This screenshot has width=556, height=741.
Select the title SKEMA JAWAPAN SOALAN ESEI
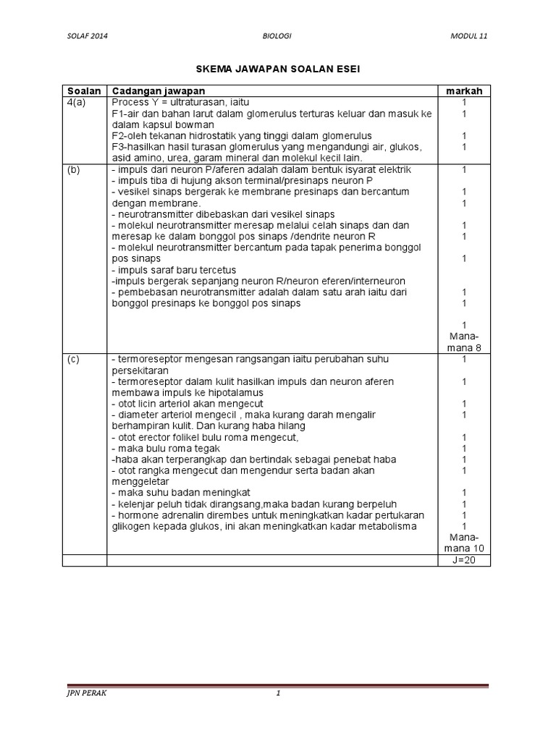(x=278, y=69)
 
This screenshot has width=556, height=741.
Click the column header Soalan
(x=84, y=90)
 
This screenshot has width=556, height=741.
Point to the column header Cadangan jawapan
(x=158, y=90)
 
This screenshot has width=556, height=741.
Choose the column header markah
(x=463, y=90)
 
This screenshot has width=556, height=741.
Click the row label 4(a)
(x=78, y=102)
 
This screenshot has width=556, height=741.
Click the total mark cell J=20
(x=463, y=560)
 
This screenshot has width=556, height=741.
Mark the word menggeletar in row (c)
(x=140, y=482)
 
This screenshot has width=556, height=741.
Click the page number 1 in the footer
(x=277, y=695)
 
